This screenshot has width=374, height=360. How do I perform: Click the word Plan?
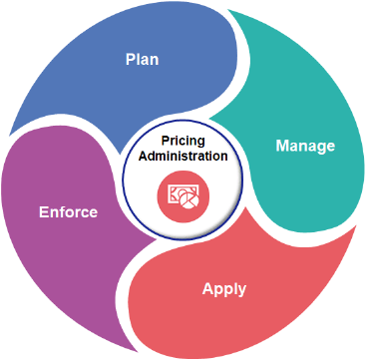pyautogui.click(x=142, y=59)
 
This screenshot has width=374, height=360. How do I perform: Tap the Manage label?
pyautogui.click(x=304, y=146)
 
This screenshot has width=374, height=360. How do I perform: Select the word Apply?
pyautogui.click(x=224, y=290)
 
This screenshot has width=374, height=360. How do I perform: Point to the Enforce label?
pyautogui.click(x=68, y=211)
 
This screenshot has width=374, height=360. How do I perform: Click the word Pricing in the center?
pyautogui.click(x=182, y=141)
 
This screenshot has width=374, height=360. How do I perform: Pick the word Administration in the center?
pyautogui.click(x=182, y=157)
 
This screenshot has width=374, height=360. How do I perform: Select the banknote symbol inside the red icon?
pyautogui.click(x=177, y=190)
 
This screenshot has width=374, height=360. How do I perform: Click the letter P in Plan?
pyautogui.click(x=130, y=59)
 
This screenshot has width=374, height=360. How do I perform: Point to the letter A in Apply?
pyautogui.click(x=207, y=290)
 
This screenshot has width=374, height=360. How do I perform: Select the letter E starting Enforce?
pyautogui.click(x=43, y=211)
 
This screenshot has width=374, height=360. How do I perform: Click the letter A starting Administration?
pyautogui.click(x=140, y=157)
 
